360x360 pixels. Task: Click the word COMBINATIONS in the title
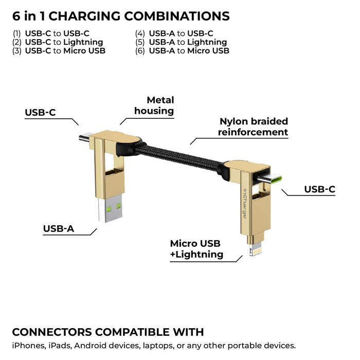174,16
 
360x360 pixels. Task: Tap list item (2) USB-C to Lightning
58,42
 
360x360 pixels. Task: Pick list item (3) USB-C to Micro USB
59,51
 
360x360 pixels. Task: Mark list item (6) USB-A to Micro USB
182,51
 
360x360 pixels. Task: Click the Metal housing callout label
154,105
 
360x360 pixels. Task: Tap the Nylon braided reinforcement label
253,127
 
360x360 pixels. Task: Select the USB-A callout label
59,228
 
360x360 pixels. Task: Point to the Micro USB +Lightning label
196,249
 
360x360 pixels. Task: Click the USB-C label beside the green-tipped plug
319,189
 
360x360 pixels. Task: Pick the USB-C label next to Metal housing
40,113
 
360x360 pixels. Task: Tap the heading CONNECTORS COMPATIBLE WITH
107,332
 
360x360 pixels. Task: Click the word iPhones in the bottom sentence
26,346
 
